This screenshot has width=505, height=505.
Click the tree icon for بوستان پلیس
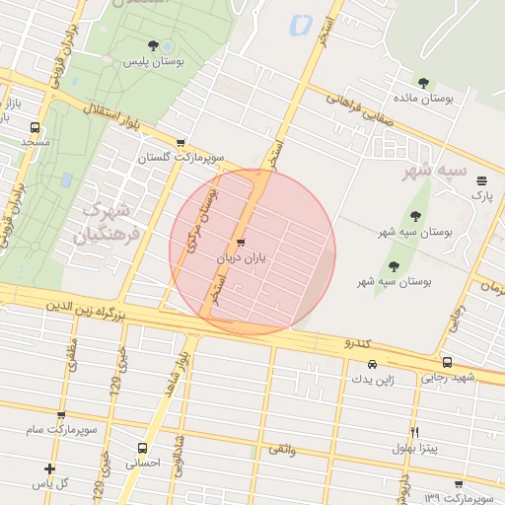pos(152,45)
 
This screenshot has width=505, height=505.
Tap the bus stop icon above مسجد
pos(36,127)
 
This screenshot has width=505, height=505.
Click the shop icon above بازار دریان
pos(241,243)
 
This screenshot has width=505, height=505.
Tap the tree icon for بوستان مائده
pos(423,83)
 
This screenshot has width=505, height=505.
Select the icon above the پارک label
pos(481,180)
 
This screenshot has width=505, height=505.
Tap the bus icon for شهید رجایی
pos(448,362)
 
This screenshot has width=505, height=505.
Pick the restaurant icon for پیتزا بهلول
pos(414,433)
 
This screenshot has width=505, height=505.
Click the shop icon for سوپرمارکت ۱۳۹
pos(459,483)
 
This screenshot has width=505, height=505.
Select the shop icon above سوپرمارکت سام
pos(61,416)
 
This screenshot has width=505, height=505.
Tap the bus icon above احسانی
pos(143,447)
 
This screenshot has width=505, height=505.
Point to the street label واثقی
pos(281,450)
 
